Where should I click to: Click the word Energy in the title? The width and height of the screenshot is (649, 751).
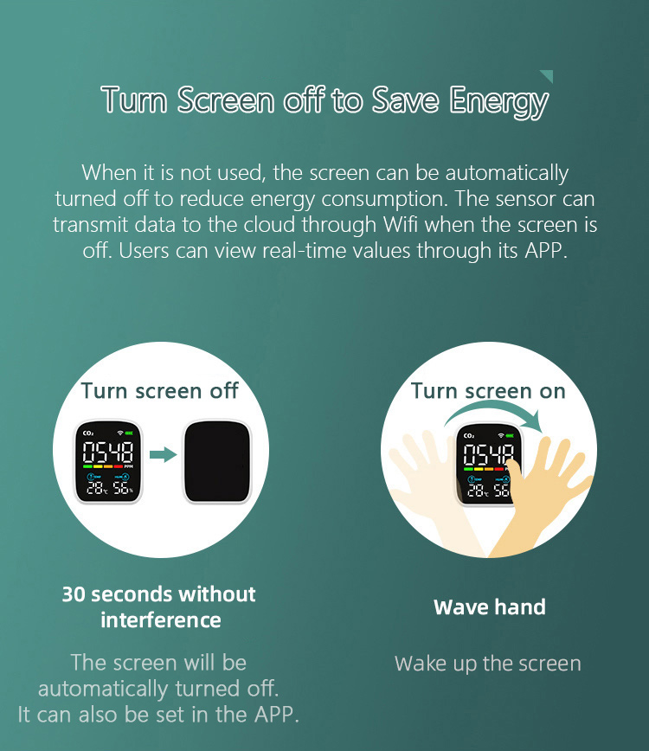tap(498, 101)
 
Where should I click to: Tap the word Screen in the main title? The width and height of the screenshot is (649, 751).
tap(226, 99)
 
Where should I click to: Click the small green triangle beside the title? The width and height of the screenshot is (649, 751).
tap(547, 75)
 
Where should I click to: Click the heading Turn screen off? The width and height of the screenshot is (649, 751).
tap(160, 391)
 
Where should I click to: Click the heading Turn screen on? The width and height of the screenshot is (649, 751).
tap(488, 391)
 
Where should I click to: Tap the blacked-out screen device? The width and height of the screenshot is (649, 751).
tap(217, 462)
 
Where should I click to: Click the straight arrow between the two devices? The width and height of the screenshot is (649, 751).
tap(164, 454)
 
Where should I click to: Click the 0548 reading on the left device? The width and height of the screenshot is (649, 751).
tap(108, 453)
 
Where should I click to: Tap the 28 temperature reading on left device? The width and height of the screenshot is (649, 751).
tap(95, 488)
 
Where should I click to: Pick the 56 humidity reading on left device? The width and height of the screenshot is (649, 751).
tap(120, 488)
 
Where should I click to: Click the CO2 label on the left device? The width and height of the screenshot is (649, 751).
tap(88, 433)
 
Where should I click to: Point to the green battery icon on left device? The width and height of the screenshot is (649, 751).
tap(129, 433)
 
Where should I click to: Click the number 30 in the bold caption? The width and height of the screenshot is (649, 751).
tap(74, 594)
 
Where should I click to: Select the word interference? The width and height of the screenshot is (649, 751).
tap(161, 620)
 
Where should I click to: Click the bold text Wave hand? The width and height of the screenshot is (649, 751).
tap(490, 607)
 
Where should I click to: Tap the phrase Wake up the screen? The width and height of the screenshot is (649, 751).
tap(487, 664)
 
